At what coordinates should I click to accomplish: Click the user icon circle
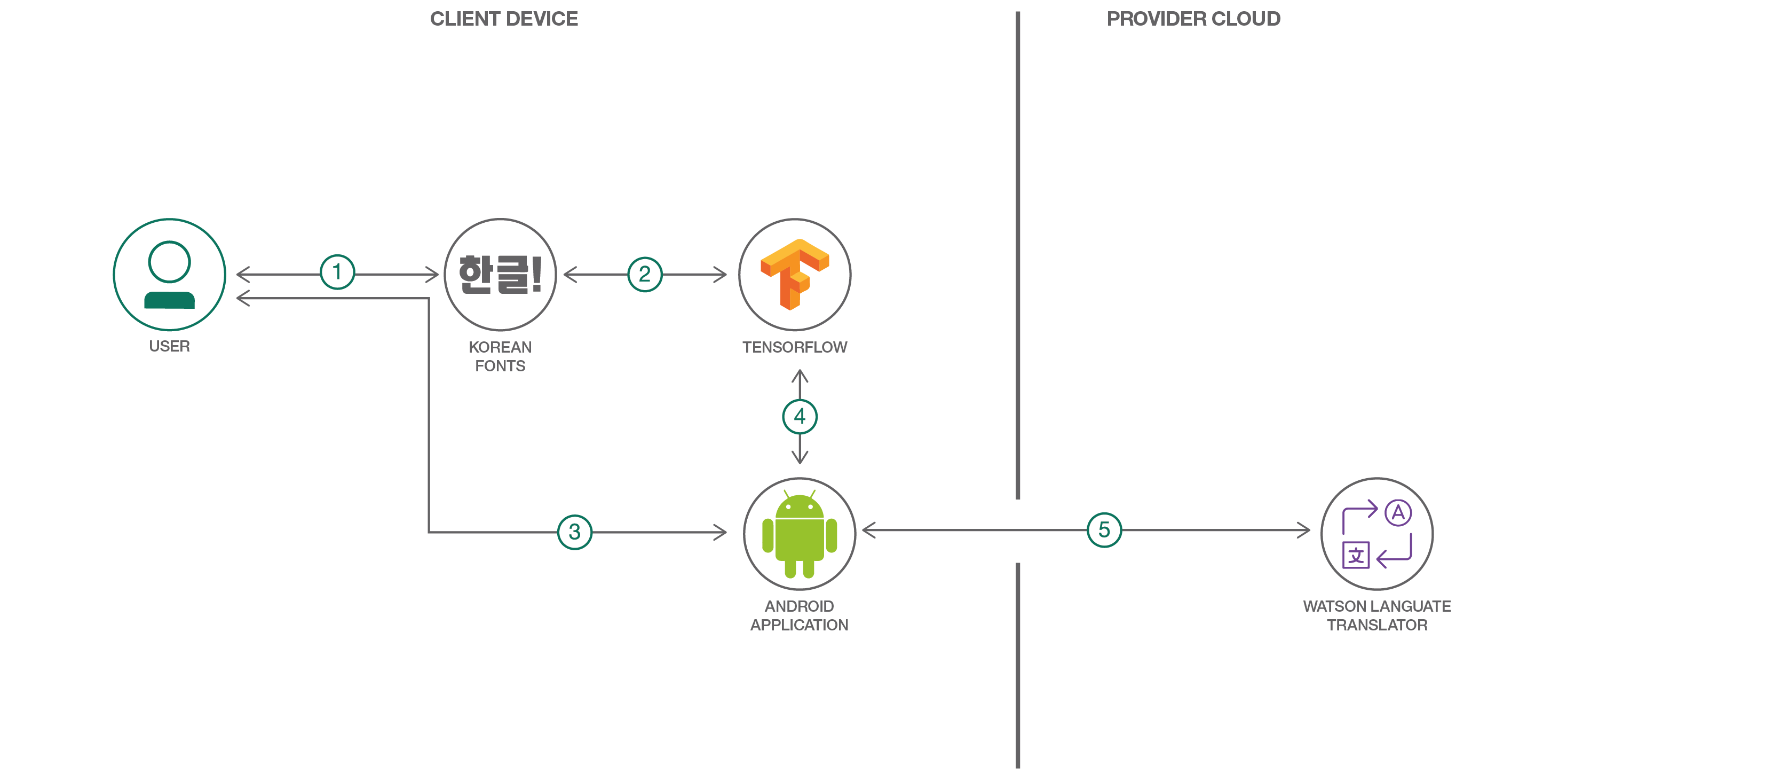169,275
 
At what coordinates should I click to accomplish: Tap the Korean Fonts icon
500,275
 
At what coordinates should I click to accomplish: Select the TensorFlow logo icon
795,275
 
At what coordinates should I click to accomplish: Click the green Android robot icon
800,534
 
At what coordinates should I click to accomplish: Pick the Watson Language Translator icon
1376,534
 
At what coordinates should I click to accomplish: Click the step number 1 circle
337,272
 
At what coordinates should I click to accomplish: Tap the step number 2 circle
645,275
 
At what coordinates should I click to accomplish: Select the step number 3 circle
574,532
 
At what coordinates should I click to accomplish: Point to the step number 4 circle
800,416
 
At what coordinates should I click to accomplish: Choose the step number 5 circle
1104,529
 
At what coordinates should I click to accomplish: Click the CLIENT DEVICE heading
504,19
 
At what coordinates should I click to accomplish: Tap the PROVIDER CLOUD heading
1193,19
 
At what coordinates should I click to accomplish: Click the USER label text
169,346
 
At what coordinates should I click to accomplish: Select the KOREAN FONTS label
500,356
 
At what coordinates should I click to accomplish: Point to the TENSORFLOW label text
795,347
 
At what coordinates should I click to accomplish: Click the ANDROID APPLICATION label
800,615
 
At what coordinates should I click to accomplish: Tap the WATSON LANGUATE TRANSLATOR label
1376,615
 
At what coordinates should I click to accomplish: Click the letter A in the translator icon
1398,513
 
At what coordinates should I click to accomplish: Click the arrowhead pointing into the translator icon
1304,531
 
